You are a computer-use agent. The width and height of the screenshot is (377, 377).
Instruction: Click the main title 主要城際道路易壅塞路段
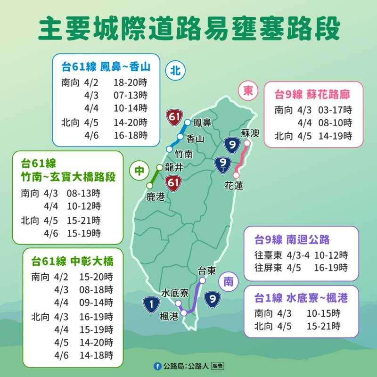coord(188,29)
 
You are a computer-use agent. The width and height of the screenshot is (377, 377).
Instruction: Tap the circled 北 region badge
coord(175,71)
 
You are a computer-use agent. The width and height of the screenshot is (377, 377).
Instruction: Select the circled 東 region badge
coord(248,90)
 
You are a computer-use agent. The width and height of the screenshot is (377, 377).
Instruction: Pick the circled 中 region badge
coord(139,172)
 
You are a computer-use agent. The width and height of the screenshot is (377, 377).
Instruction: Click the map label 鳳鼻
coord(202,123)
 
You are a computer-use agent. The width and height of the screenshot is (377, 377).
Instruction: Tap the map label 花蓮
coord(234,186)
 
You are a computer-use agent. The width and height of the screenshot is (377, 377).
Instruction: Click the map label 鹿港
coord(156,197)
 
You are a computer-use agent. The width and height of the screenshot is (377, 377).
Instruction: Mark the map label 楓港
coord(169,317)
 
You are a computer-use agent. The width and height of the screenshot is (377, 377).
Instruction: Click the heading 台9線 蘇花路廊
coord(312,94)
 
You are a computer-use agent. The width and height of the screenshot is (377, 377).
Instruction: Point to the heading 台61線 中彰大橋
coord(73,262)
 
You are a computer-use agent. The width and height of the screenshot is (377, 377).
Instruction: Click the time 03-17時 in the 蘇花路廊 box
coord(335,110)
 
